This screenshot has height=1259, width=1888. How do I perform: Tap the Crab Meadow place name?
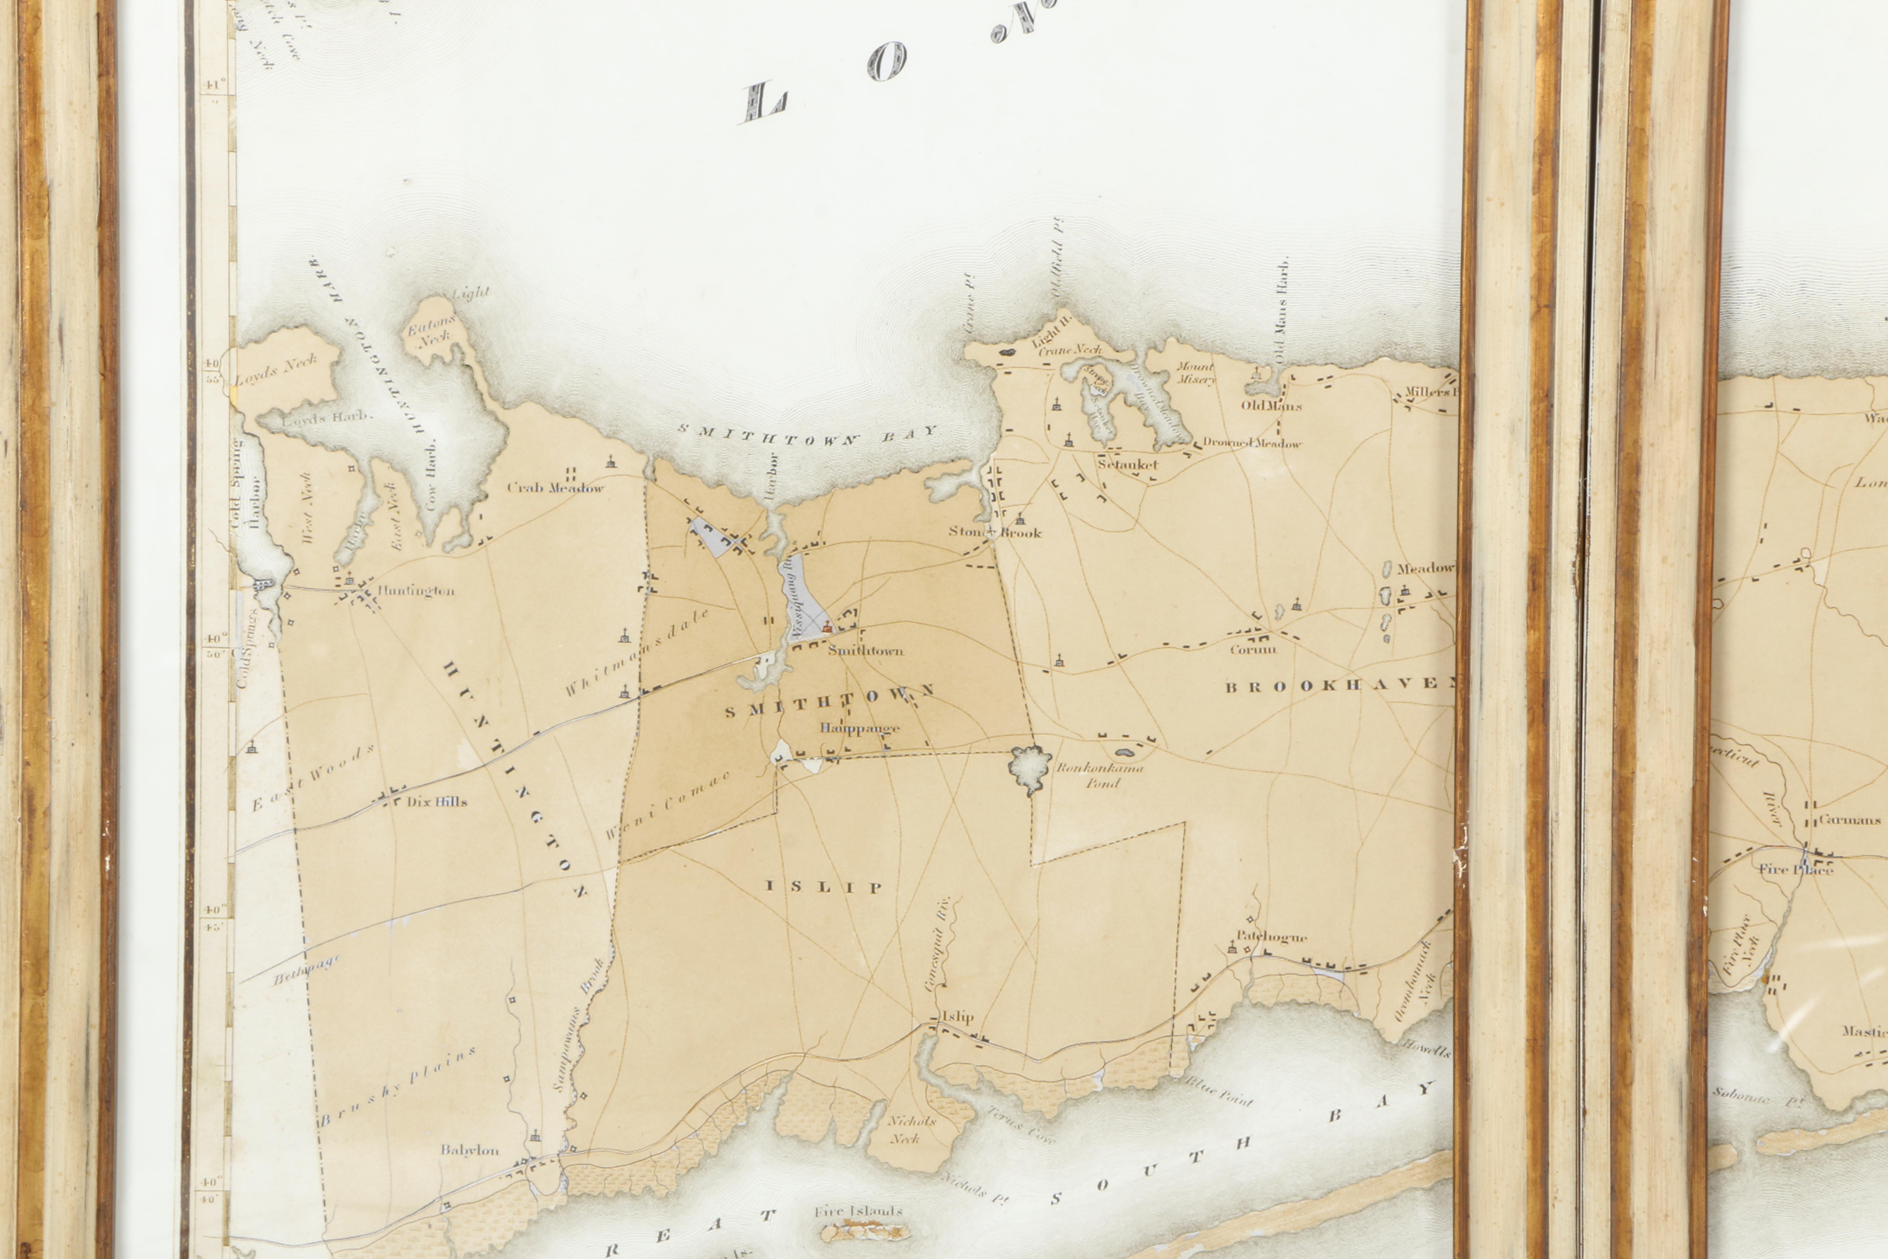(555, 487)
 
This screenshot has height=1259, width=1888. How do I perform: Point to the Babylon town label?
(470, 1150)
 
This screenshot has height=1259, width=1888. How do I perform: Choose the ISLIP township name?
(824, 887)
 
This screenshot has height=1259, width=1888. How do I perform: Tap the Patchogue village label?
(1271, 936)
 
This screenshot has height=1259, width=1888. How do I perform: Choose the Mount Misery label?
(1196, 373)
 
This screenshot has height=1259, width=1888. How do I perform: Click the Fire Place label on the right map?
(1796, 869)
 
